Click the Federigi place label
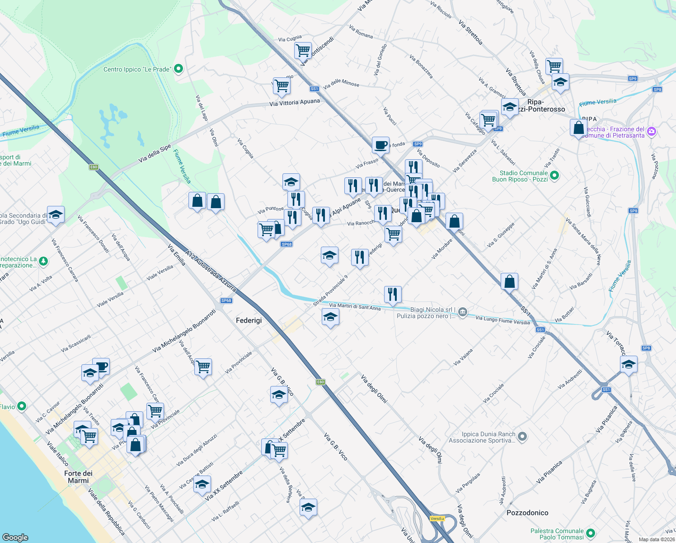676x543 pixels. pyautogui.click(x=249, y=320)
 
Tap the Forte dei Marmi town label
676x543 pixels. pyautogui.click(x=78, y=477)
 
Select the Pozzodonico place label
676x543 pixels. pyautogui.click(x=527, y=513)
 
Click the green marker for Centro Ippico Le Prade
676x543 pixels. pyautogui.click(x=178, y=69)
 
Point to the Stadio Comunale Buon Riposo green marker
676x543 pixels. pyautogui.click(x=555, y=176)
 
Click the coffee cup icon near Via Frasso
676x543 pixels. pyautogui.click(x=380, y=145)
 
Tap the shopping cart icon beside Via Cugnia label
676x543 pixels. pyautogui.click(x=302, y=50)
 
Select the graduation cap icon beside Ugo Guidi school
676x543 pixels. pyautogui.click(x=56, y=214)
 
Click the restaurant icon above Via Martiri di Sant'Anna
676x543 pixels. pyautogui.click(x=393, y=294)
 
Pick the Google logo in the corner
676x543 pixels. pyautogui.click(x=15, y=538)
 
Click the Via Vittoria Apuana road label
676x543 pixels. pyautogui.click(x=295, y=103)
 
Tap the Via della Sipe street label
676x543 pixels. pyautogui.click(x=155, y=153)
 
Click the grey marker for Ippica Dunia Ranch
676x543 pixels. pyautogui.click(x=522, y=437)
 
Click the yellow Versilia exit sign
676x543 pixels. pyautogui.click(x=437, y=519)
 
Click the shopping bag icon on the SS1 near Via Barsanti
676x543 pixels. pyautogui.click(x=509, y=281)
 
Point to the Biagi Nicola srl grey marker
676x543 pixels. pyautogui.click(x=462, y=312)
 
